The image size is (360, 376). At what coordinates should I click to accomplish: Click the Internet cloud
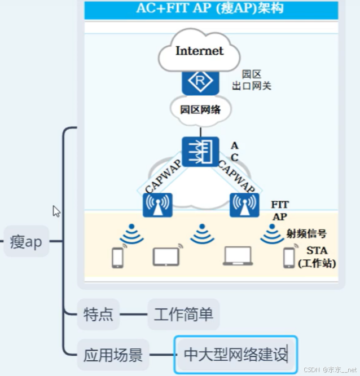coord(199,51)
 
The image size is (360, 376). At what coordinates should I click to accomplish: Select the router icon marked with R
coord(200,82)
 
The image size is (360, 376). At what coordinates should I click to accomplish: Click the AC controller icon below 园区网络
coord(200,151)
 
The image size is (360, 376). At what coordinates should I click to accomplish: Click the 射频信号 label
coord(306,233)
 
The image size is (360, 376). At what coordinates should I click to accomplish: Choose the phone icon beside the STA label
coord(289,257)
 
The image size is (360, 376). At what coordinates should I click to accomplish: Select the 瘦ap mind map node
coord(26,242)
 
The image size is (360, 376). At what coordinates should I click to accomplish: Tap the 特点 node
coord(98,314)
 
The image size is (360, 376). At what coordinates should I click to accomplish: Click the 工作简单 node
coord(183,314)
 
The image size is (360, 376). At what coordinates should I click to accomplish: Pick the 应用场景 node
coord(113,355)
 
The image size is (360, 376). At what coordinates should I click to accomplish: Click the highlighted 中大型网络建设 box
coord(235,355)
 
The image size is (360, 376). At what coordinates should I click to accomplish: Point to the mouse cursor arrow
coord(56,211)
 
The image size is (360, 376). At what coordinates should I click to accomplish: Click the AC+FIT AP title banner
coord(210,8)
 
